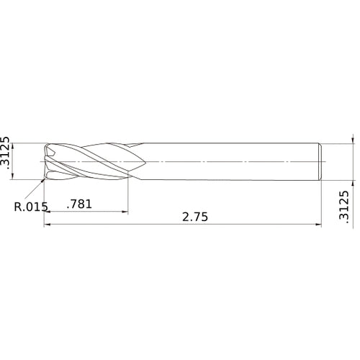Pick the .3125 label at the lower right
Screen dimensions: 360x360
click(x=343, y=209)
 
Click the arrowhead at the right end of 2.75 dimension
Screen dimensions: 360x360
click(x=318, y=225)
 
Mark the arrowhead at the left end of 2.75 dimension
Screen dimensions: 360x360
click(x=48, y=225)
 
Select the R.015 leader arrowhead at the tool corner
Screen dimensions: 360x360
click(x=43, y=179)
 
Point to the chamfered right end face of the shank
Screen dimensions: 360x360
click(x=320, y=161)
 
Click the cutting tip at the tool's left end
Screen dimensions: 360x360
click(x=46, y=161)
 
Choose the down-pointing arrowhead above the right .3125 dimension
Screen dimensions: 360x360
click(x=353, y=140)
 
